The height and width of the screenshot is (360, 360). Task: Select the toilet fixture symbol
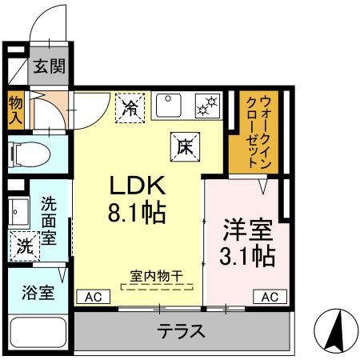(32, 153)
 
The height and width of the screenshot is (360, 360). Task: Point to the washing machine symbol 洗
(24, 246)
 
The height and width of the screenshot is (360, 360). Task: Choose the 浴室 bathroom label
(38, 292)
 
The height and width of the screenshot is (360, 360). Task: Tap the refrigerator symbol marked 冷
(131, 107)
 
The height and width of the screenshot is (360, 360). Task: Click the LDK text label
(138, 186)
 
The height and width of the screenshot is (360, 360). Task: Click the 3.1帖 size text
(247, 256)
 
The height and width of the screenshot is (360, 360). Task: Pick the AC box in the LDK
(93, 296)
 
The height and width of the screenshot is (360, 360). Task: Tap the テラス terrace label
(181, 330)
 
